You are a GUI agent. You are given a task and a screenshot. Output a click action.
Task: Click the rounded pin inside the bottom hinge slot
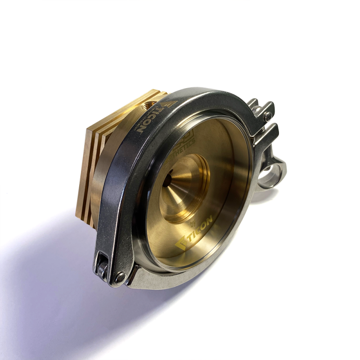103,269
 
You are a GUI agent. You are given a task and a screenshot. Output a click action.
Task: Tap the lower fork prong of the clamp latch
268,135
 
